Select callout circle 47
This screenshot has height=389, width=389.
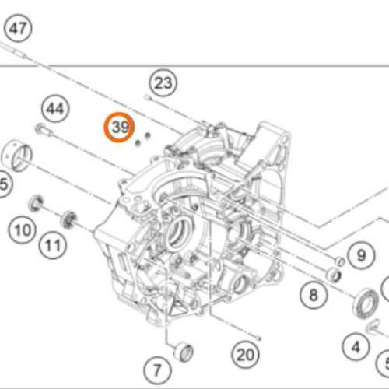point(18,29)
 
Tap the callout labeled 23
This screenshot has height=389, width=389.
point(163,82)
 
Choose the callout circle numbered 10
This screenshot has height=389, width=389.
point(23,230)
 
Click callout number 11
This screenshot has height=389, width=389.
point(52,247)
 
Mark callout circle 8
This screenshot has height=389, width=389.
point(313,295)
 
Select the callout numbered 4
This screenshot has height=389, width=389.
point(356,346)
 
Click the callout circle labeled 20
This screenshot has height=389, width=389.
point(245,354)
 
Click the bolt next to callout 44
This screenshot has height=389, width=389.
point(42,128)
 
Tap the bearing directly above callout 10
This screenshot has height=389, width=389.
point(37,205)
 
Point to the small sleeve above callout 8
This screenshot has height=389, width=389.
point(334,274)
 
